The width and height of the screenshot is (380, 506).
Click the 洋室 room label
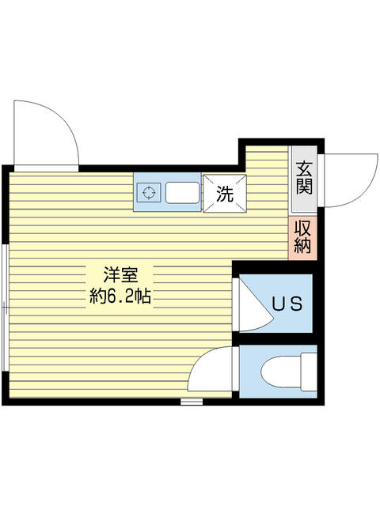coord(120,275)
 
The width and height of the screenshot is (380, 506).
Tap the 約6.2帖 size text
coord(120,296)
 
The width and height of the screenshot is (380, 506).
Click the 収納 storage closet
coord(302,237)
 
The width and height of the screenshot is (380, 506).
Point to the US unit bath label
coord(287,304)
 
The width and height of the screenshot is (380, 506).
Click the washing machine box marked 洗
coord(225,194)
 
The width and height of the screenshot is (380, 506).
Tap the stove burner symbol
coord(149,192)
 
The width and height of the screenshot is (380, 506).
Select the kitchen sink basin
coord(183,193)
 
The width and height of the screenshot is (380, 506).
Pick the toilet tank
coord(309,372)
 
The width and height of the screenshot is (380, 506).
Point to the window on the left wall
coord(5,308)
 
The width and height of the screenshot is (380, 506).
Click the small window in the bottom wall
coord(192,402)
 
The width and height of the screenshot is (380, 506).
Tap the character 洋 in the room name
coord(112,275)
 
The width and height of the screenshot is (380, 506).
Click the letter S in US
coord(296,304)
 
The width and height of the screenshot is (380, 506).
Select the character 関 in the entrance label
coord(304,187)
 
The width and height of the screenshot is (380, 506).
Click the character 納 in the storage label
coord(302,245)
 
